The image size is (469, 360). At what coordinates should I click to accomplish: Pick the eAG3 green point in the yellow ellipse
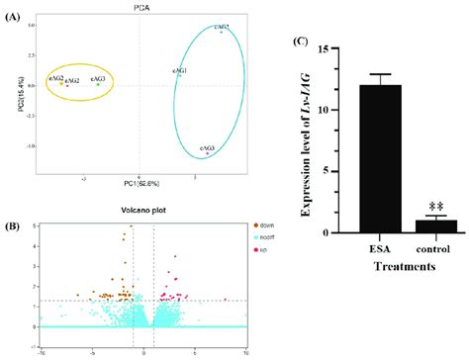pyautogui.click(x=99, y=84)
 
